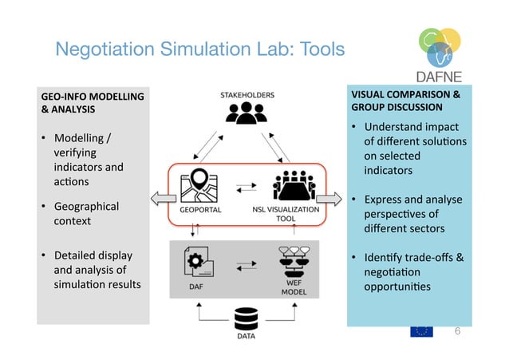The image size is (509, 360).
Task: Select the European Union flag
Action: point(423,330)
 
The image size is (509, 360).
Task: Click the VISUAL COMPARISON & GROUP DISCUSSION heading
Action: point(406,100)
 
